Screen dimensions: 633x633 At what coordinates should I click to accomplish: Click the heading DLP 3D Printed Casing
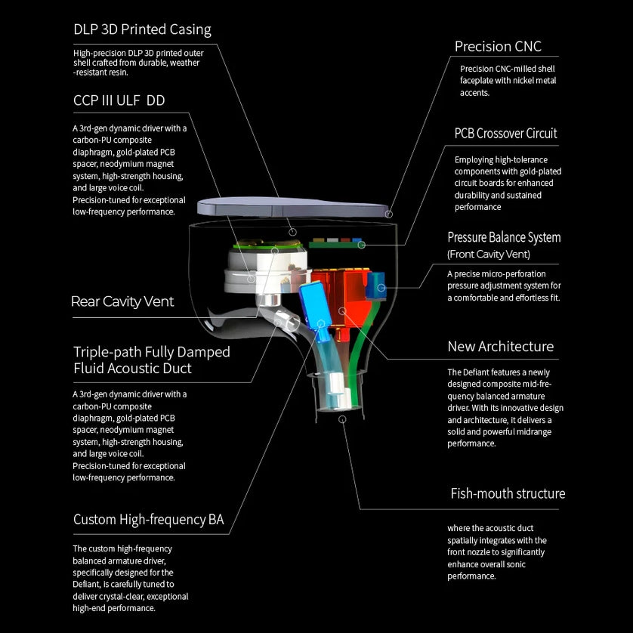pos(142,30)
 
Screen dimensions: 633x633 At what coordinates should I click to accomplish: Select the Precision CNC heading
pos(498,47)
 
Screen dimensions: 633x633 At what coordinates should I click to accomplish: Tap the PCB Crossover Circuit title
pos(505,134)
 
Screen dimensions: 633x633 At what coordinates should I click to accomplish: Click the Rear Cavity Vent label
pos(122,301)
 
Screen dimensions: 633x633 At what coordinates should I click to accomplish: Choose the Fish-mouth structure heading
pos(508,494)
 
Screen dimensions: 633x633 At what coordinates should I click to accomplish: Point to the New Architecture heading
pos(500,347)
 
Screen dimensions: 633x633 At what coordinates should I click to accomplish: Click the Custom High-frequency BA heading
pos(148,520)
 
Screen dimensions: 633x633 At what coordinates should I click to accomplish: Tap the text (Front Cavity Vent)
pos(487,255)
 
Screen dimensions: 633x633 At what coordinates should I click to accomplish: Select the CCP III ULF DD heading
pos(119,100)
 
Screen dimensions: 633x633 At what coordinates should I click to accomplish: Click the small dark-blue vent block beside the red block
pos(377,286)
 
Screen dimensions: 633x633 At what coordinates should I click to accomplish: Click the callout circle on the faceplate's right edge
pos(389,215)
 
